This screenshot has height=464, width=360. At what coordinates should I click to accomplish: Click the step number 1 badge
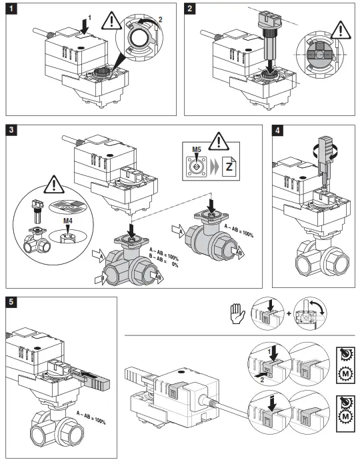(x=11, y=9)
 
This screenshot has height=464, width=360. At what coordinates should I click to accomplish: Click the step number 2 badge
(x=189, y=9)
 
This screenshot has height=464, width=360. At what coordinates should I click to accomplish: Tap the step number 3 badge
(x=11, y=130)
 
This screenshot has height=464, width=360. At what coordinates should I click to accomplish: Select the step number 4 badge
(x=277, y=130)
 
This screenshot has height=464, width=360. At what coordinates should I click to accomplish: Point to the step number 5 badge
(x=11, y=303)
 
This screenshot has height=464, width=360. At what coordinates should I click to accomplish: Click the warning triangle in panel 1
(x=111, y=21)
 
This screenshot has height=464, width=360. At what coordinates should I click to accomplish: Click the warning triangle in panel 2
(x=341, y=30)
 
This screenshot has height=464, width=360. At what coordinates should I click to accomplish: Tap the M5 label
(x=197, y=149)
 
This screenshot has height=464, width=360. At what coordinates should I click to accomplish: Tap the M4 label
(x=68, y=221)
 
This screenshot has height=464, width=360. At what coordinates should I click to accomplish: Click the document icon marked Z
(x=229, y=167)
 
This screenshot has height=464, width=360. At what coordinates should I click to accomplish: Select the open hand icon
(x=238, y=313)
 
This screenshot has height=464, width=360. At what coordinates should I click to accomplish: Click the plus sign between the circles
(x=289, y=314)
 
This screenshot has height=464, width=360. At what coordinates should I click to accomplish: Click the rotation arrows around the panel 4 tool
(x=325, y=151)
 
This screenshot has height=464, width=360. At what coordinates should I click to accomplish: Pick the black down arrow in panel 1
(x=85, y=25)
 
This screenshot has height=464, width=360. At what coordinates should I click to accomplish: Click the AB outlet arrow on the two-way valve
(x=238, y=253)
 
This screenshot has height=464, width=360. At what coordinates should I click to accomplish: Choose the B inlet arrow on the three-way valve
(x=101, y=279)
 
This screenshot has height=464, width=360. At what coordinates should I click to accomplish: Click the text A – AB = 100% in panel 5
(x=91, y=417)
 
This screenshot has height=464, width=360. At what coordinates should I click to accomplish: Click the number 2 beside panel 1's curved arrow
(x=160, y=19)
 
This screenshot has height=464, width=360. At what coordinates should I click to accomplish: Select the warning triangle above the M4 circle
(x=54, y=185)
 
